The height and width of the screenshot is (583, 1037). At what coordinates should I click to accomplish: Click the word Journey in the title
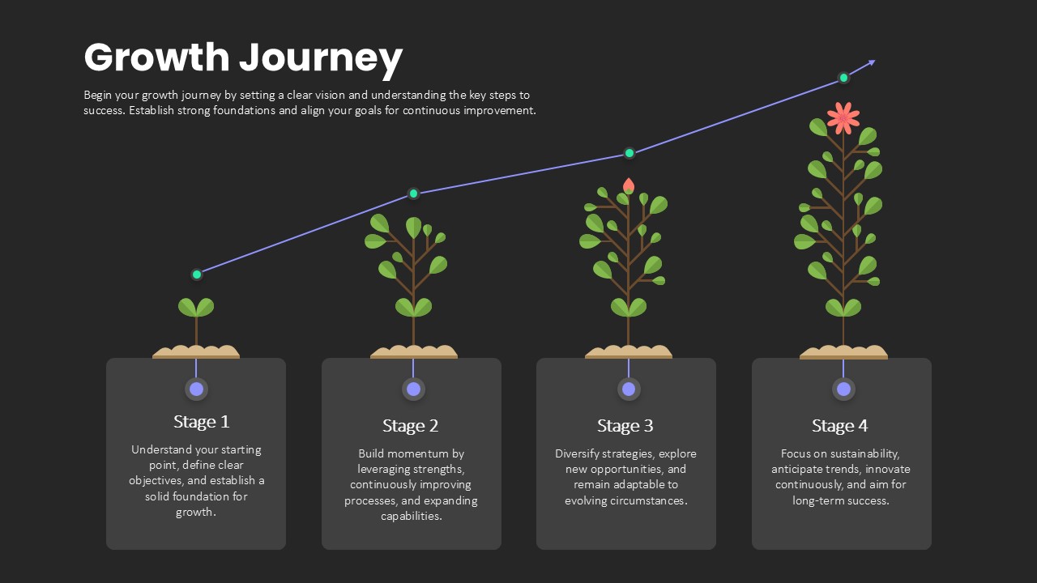click(x=321, y=59)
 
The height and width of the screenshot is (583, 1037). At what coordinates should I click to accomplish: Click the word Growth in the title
click(x=157, y=57)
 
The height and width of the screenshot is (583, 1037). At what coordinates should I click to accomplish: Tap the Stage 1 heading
click(x=202, y=422)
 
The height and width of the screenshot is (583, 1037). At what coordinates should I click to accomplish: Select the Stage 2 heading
click(x=410, y=426)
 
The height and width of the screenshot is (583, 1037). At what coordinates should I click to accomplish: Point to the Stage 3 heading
click(x=625, y=426)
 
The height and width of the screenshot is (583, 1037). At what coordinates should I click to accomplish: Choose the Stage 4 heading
click(x=840, y=426)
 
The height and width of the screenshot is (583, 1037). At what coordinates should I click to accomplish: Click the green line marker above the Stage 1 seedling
click(x=197, y=274)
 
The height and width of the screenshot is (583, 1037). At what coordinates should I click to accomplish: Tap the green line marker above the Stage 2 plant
click(x=413, y=193)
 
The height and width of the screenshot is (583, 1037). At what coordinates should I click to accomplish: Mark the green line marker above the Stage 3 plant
click(x=629, y=153)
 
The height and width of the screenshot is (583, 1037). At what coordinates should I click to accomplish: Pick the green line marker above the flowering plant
click(x=843, y=78)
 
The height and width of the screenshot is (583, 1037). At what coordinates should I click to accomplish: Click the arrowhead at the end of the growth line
click(x=871, y=62)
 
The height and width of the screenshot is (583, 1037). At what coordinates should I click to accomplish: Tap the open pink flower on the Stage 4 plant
click(x=843, y=118)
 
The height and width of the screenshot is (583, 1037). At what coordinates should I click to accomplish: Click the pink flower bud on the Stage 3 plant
click(x=628, y=185)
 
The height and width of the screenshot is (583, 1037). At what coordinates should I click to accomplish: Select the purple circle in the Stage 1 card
click(x=196, y=389)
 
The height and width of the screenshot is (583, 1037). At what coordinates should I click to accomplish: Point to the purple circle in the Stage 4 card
click(x=843, y=389)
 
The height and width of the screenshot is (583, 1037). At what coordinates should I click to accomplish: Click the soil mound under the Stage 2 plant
click(x=413, y=352)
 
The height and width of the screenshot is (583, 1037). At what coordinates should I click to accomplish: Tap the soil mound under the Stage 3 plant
click(x=628, y=352)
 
